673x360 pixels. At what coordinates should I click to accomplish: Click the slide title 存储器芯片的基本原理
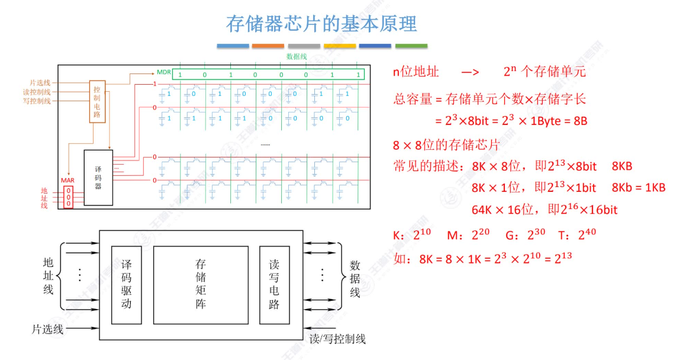tap(321, 24)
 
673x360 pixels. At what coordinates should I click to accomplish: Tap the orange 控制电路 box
tap(97, 101)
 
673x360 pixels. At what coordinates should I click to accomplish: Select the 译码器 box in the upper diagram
tap(98, 177)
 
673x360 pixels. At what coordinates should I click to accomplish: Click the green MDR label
tap(164, 72)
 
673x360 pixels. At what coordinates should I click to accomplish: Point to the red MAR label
tap(68, 180)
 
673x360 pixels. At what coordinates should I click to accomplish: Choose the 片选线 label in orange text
tap(40, 82)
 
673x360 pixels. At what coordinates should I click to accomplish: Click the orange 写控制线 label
tap(37, 101)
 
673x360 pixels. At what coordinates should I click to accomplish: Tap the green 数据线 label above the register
tap(297, 57)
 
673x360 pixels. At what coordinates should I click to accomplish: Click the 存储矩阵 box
tap(201, 284)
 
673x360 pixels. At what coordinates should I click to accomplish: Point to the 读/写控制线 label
tap(337, 339)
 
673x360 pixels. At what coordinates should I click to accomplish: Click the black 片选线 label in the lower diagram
tap(47, 329)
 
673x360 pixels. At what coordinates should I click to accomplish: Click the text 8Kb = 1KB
tap(639, 188)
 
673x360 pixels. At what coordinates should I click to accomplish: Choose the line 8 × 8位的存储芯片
tap(446, 145)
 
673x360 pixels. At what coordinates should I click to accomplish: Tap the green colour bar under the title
tap(411, 46)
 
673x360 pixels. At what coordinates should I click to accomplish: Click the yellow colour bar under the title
tap(340, 46)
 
